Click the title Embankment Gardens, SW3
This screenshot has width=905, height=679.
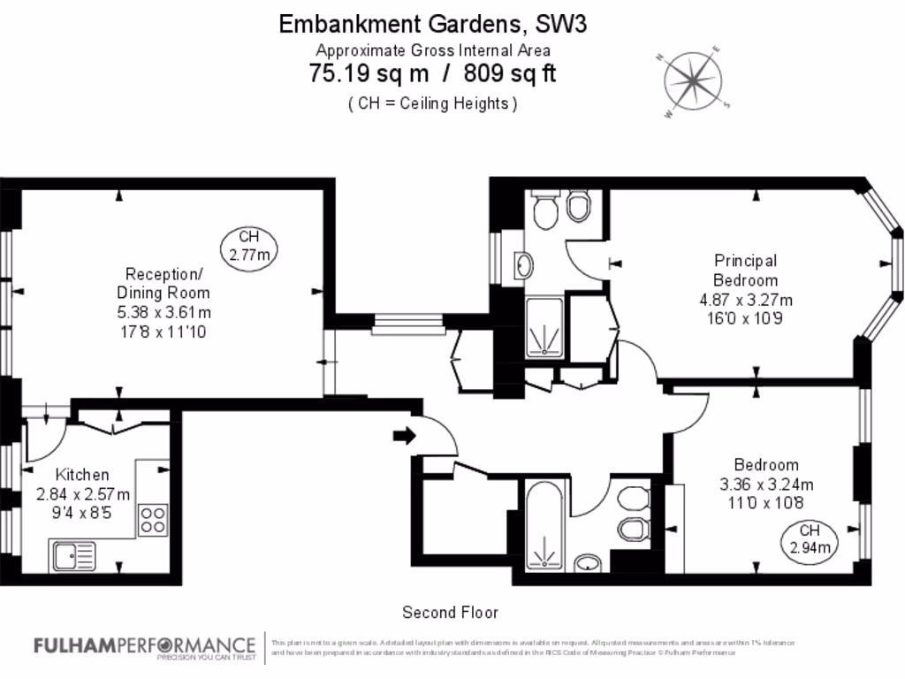pyautogui.click(x=432, y=24)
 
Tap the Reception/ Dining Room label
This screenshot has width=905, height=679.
pyautogui.click(x=164, y=283)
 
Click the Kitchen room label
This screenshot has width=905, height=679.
pyautogui.click(x=82, y=475)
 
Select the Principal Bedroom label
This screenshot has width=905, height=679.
pyautogui.click(x=746, y=271)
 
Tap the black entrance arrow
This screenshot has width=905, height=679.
pyautogui.click(x=404, y=435)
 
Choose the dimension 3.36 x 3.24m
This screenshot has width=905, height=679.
pyautogui.click(x=766, y=484)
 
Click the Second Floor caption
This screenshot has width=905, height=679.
pyautogui.click(x=450, y=612)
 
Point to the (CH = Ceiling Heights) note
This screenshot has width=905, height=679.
pyautogui.click(x=432, y=103)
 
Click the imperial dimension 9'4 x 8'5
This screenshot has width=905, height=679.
pyautogui.click(x=82, y=512)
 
